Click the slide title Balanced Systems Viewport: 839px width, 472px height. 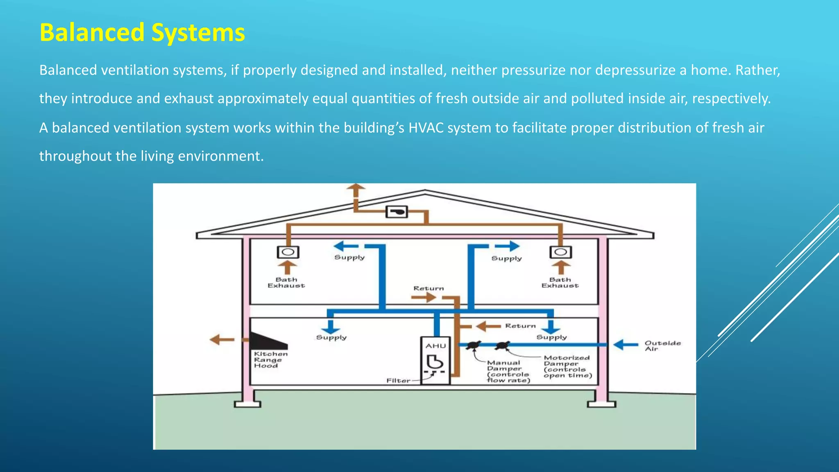[142, 32]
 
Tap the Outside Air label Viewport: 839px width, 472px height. [662, 346]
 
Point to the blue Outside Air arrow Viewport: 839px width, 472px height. [626, 345]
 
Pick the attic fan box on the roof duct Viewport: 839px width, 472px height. [397, 212]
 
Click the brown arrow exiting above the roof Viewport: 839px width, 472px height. [356, 191]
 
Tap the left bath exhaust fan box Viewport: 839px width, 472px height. [288, 252]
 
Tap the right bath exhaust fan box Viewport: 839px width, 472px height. [561, 252]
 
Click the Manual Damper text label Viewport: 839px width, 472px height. [508, 371]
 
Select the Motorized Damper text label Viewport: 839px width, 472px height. [567, 366]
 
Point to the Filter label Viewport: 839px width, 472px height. [398, 381]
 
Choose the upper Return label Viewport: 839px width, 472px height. [429, 288]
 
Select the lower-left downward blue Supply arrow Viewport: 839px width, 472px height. [330, 327]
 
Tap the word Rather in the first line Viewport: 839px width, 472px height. [757, 70]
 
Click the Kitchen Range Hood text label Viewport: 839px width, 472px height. [270, 360]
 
